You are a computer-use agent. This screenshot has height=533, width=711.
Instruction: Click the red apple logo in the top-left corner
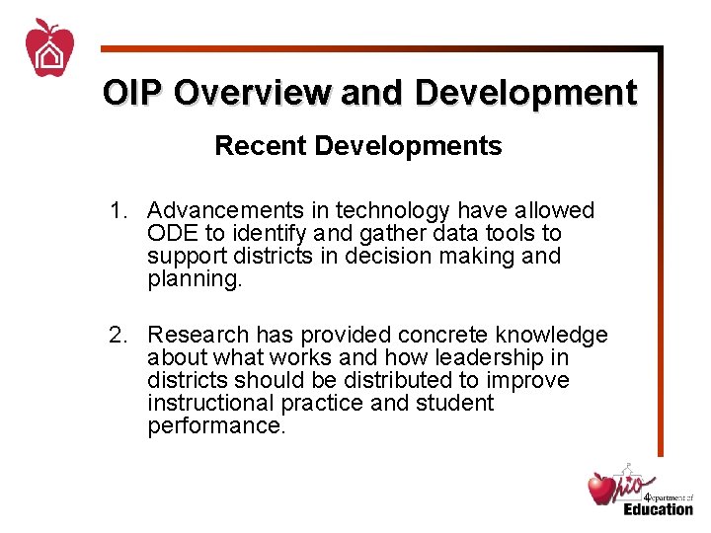49,48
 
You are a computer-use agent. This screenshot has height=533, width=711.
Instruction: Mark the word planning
192,279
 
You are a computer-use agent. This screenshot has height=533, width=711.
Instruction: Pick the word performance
213,426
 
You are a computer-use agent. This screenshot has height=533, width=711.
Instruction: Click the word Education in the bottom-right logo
658,508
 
